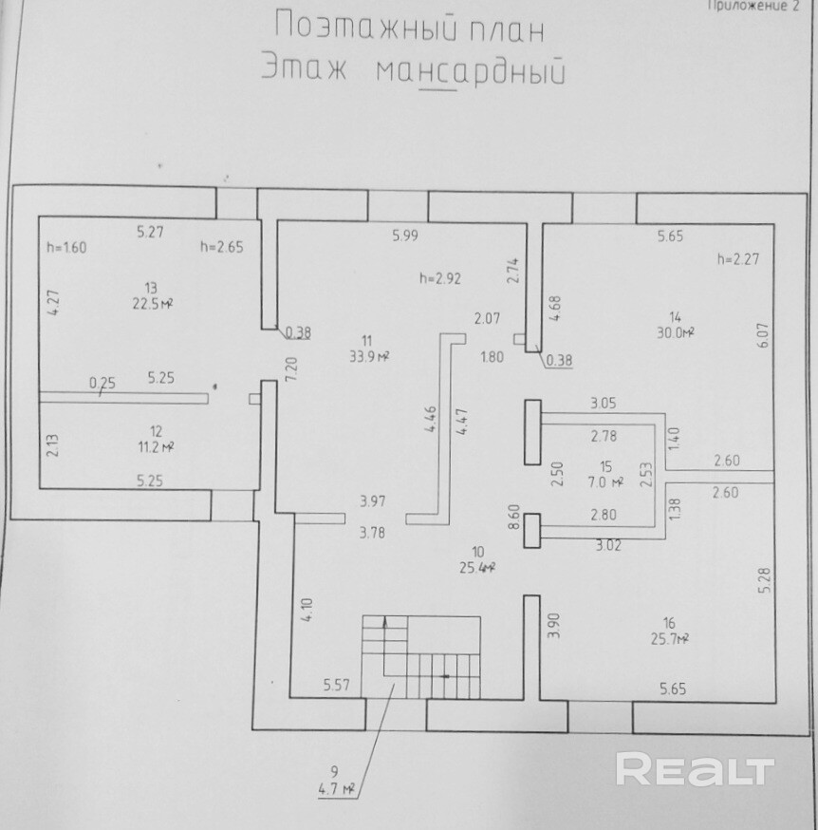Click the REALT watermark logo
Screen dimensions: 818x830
click(x=696, y=768)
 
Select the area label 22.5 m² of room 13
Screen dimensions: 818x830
click(x=152, y=304)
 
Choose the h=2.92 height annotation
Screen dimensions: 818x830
click(x=439, y=279)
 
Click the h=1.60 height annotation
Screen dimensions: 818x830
click(x=66, y=248)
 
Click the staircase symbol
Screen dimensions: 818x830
click(x=419, y=655)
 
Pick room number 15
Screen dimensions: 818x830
click(x=605, y=466)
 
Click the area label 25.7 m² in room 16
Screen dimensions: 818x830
click(x=669, y=638)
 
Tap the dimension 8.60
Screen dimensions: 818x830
click(x=514, y=519)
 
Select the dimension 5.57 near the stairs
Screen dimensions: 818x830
click(x=337, y=684)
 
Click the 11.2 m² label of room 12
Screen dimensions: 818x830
click(x=153, y=446)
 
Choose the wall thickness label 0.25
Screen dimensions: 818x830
click(x=102, y=384)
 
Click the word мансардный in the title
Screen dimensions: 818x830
click(x=469, y=72)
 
